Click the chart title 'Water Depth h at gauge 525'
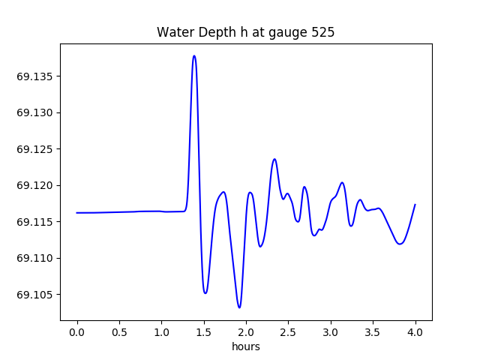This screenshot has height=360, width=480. coord(245,33)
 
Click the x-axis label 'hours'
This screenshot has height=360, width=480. coord(246,346)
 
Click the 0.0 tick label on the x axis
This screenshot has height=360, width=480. coord(76,331)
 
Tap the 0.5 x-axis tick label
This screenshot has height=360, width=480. coord(119,331)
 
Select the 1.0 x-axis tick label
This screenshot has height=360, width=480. coord(161,331)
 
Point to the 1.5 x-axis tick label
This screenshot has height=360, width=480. coord(204,331)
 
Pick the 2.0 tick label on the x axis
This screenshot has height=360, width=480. coord(246,331)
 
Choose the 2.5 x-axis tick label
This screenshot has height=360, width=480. coord(288,331)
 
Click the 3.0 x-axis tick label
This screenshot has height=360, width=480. coord(331,331)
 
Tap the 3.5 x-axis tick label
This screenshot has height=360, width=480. coord(373,331)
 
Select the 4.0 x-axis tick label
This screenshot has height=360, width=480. coord(415,331)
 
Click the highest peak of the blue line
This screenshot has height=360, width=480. coord(194,55)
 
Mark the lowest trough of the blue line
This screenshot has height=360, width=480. coord(239,307)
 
